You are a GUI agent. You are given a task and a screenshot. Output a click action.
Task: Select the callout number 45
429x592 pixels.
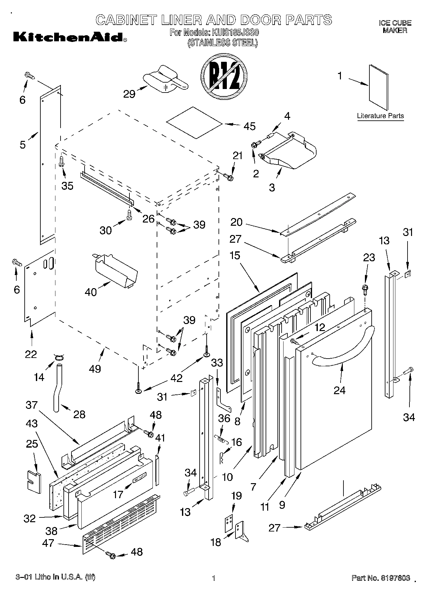pyautogui.click(x=249, y=126)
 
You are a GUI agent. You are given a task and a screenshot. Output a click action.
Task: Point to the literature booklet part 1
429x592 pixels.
pyautogui.click(x=378, y=87)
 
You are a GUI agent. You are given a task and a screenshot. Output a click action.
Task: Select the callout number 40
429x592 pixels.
pyautogui.click(x=91, y=292)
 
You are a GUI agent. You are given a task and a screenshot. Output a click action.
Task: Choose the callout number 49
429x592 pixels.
pyautogui.click(x=95, y=369)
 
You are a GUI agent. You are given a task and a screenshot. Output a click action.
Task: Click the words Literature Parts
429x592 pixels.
pyautogui.click(x=380, y=116)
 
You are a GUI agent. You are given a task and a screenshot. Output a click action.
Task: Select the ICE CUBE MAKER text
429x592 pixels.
pyautogui.click(x=395, y=27)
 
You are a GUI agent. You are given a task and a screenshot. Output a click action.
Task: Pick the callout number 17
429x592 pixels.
pyautogui.click(x=118, y=495)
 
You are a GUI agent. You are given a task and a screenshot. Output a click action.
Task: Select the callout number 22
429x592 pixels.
pyautogui.click(x=31, y=354)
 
